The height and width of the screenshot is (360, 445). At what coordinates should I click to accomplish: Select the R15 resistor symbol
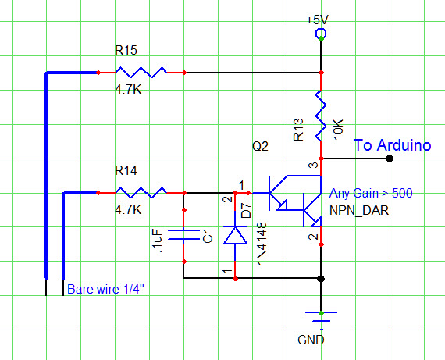(141, 73)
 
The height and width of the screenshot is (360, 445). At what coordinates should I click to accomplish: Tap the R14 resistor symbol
(141, 191)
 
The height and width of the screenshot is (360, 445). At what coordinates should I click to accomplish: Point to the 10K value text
(336, 130)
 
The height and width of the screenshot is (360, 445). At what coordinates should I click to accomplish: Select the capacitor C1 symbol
(183, 235)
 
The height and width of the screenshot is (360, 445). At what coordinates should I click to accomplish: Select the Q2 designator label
(259, 146)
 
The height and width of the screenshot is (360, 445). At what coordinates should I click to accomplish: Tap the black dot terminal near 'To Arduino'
(389, 159)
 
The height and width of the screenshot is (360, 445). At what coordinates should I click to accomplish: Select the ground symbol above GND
(320, 317)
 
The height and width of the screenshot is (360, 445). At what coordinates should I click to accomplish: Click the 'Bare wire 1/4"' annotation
(105, 290)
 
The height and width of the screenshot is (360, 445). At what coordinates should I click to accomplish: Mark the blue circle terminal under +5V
(320, 33)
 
